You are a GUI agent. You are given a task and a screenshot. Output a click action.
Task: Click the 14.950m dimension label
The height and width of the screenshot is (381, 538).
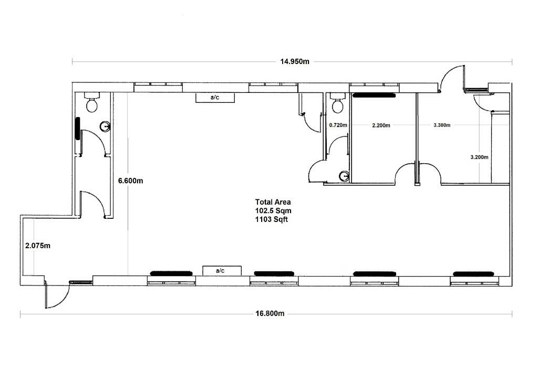click(295, 62)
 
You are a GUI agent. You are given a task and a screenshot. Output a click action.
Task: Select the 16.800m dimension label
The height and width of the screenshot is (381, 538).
click(270, 313)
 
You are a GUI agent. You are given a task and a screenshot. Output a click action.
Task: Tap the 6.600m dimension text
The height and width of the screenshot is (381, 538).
click(131, 181)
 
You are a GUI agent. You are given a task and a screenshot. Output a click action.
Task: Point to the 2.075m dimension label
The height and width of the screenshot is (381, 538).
click(38, 246)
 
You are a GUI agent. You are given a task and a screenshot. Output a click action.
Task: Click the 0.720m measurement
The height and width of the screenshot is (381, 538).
click(338, 125)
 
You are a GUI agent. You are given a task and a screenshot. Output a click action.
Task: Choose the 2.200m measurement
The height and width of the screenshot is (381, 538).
click(381, 125)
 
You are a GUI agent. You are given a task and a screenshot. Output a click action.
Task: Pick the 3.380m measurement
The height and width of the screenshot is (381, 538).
click(442, 125)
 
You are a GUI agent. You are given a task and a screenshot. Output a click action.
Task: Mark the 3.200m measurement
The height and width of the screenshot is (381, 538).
click(479, 157)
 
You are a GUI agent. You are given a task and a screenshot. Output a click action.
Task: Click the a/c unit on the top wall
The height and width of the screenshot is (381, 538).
click(215, 97)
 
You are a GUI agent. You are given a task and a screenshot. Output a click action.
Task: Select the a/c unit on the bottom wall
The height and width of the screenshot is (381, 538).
click(222, 271)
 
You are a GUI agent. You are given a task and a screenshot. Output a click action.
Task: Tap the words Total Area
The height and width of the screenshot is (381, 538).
click(273, 202)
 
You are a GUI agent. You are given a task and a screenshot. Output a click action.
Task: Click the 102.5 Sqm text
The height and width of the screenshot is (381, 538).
click(273, 211)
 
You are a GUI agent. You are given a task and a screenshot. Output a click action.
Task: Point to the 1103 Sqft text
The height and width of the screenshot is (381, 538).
click(272, 219)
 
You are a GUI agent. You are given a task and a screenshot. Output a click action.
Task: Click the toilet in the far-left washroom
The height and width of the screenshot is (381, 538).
click(92, 102)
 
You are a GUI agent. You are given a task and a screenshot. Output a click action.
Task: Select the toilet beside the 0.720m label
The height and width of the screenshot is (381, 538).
click(338, 103)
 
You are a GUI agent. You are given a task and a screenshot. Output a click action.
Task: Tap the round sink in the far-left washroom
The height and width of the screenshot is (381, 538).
click(105, 127)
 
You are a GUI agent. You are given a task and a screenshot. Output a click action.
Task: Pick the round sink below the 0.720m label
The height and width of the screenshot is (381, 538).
click(344, 176)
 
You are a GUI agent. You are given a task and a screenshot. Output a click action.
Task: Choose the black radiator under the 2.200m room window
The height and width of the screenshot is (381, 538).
click(374, 96)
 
